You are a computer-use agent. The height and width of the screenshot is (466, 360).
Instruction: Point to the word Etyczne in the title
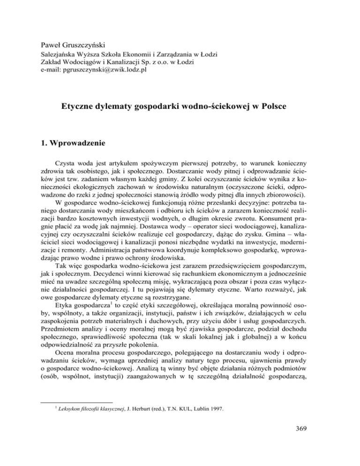click(x=80, y=107)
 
